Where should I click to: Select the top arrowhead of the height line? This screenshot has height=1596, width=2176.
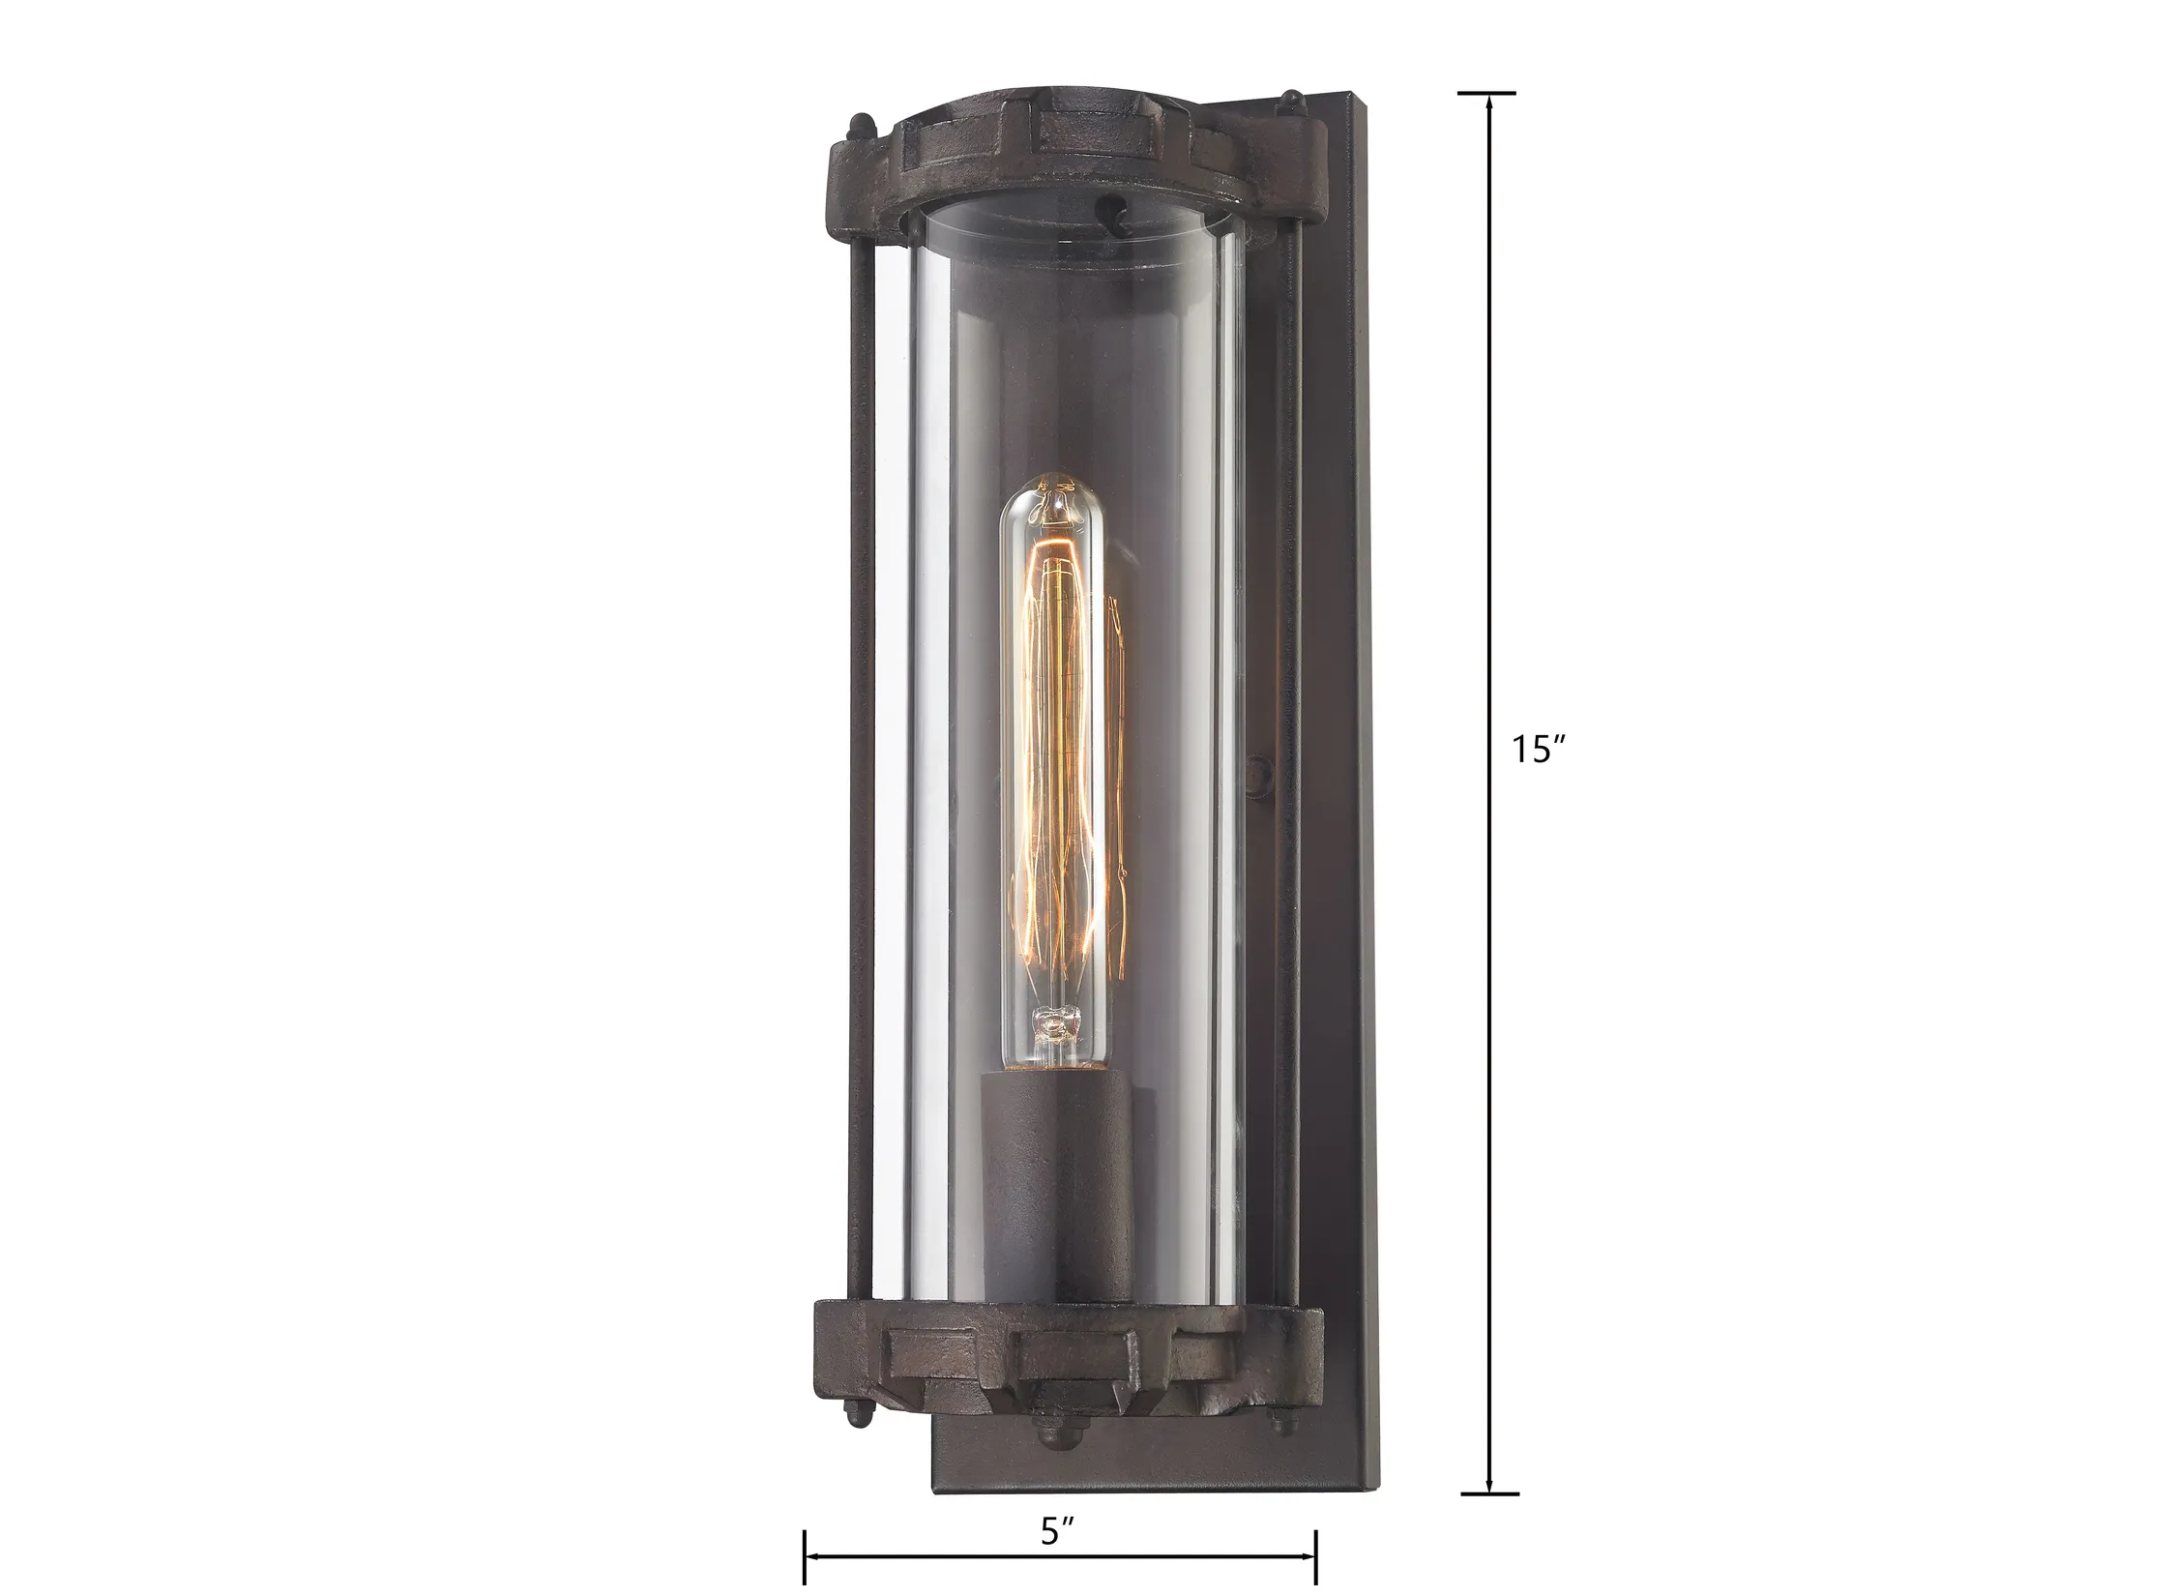pyautogui.click(x=1487, y=103)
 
